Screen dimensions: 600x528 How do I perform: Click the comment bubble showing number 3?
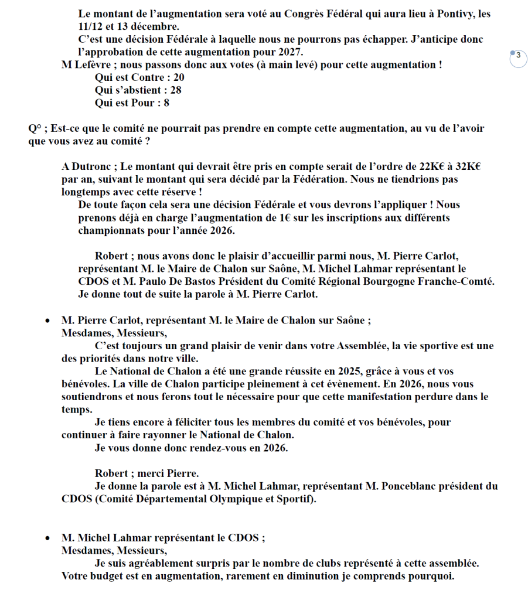point(519,58)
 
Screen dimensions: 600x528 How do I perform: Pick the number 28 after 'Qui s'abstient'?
point(175,90)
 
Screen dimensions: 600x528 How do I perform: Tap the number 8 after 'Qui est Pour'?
point(166,103)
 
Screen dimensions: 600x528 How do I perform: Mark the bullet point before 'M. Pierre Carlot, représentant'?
point(47,321)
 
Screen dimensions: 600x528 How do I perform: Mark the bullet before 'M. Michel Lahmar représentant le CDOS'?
point(47,538)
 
